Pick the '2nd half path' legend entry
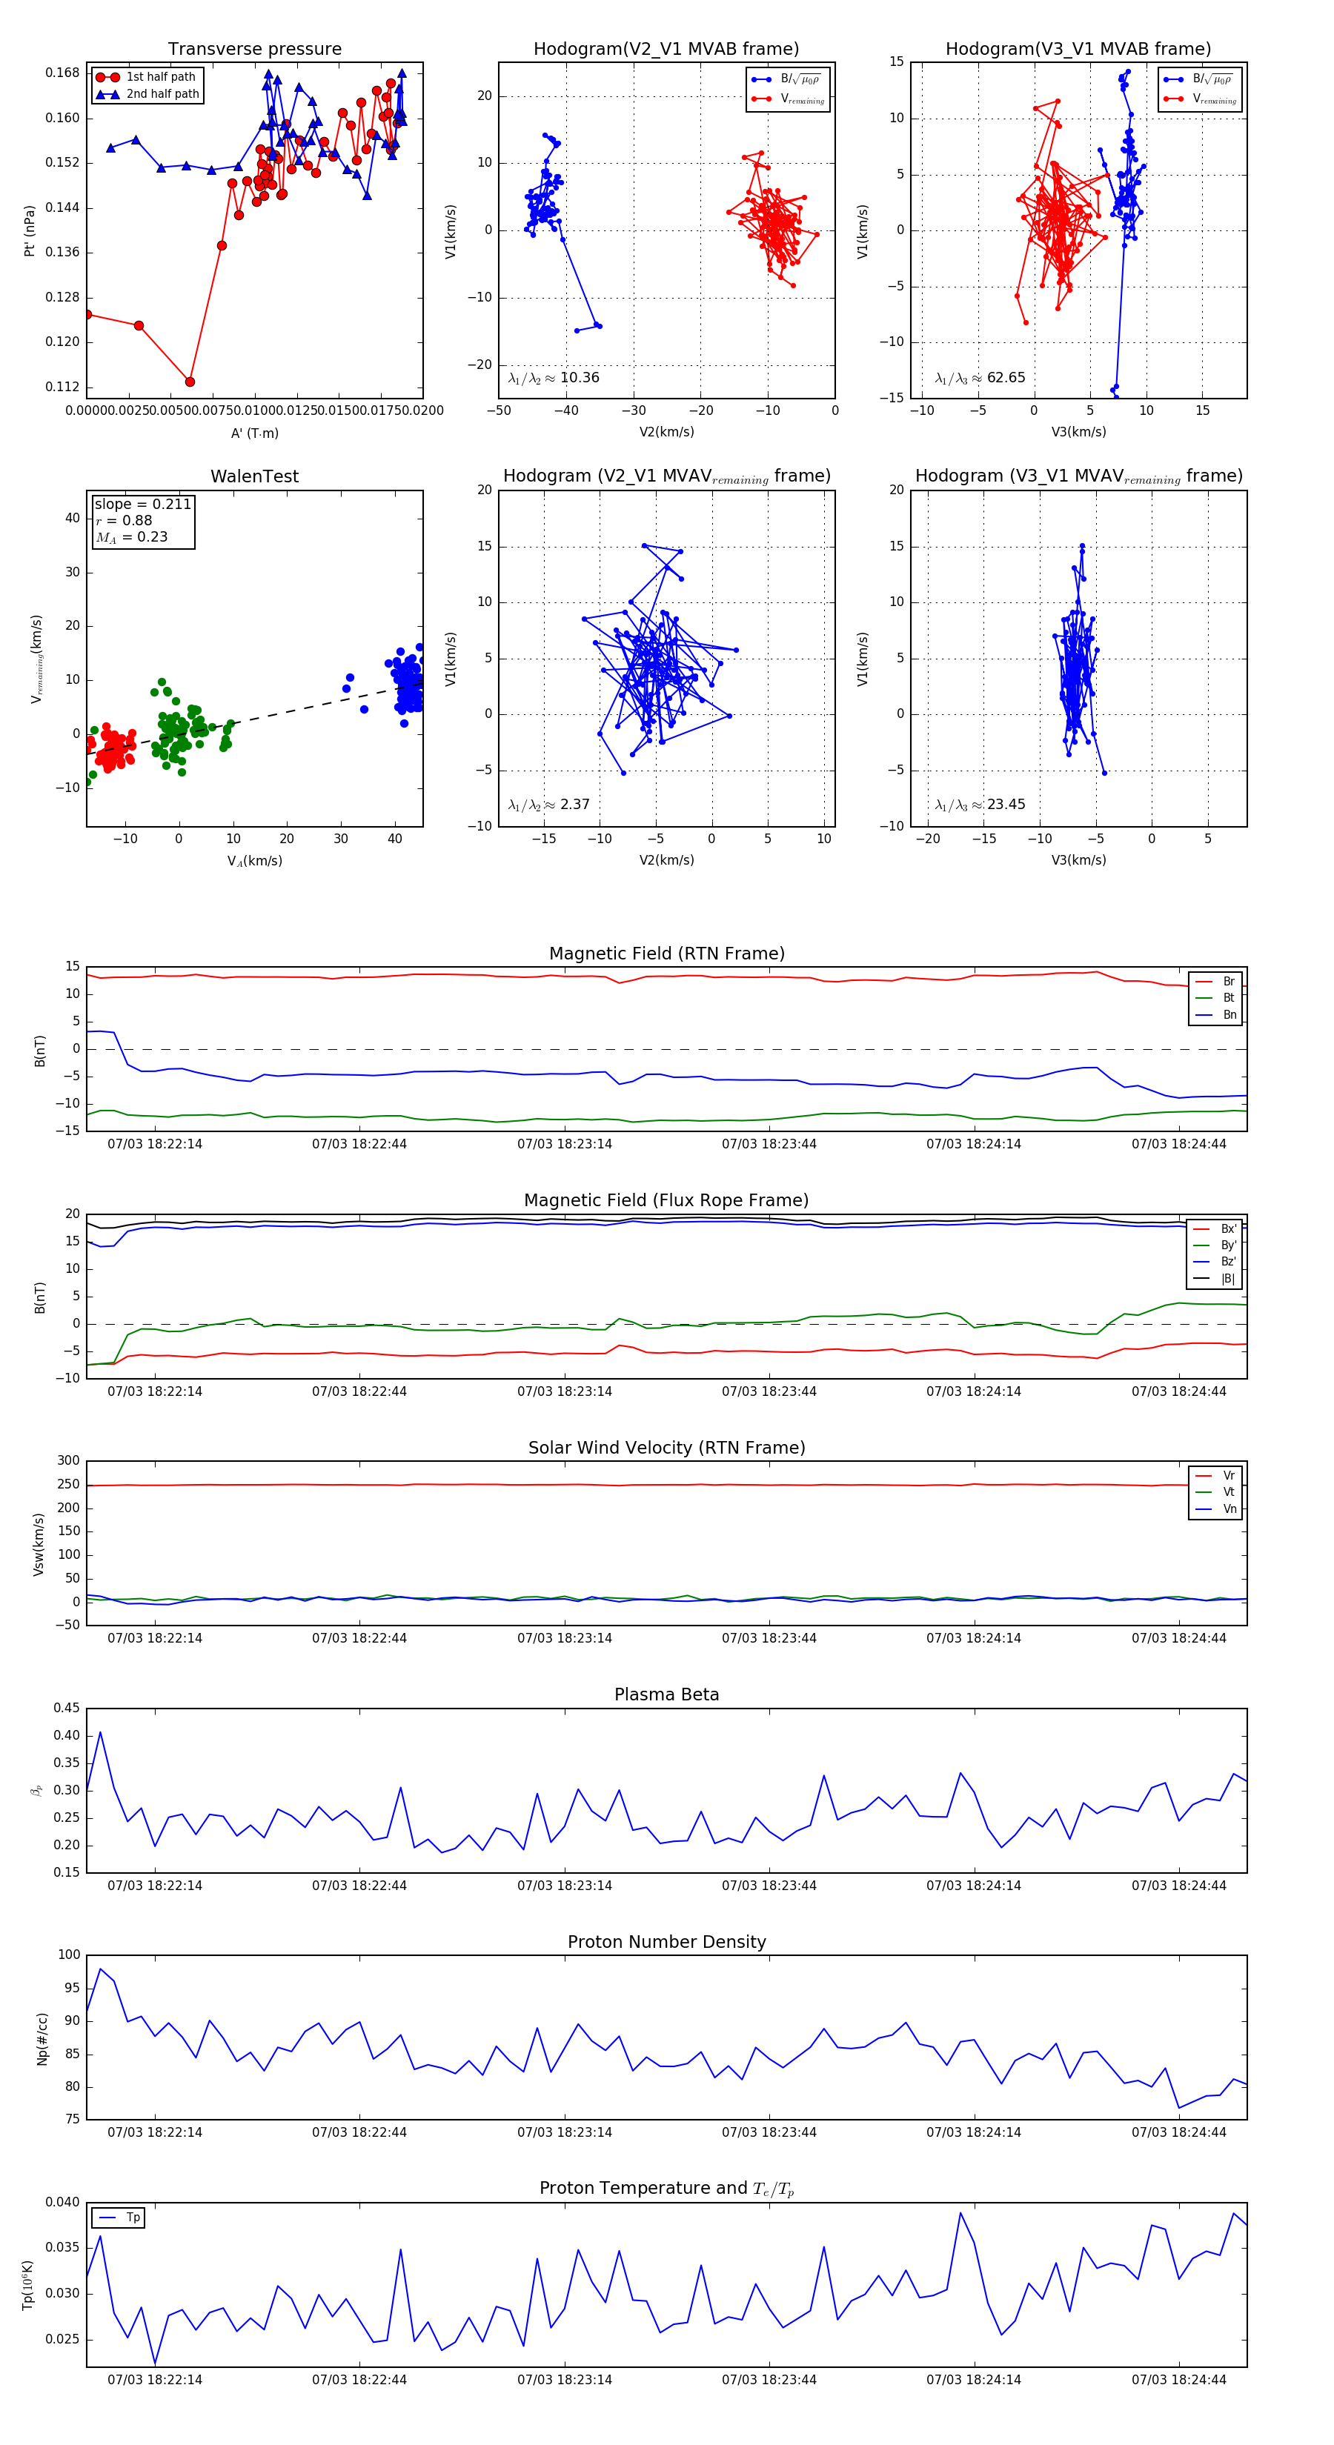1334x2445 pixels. pos(162,94)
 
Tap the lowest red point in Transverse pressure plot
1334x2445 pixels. pos(190,382)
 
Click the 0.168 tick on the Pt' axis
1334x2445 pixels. pos(63,73)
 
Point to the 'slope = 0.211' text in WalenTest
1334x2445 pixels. pos(142,504)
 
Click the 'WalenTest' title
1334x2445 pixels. pos(254,476)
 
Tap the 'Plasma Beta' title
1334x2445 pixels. pos(666,1694)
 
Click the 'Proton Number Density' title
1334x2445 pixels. pos(666,1942)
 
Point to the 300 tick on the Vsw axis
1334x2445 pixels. pos(68,1461)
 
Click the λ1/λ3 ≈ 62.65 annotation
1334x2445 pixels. pos(980,378)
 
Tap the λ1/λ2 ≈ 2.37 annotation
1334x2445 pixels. pos(548,805)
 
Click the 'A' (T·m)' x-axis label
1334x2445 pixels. pos(254,433)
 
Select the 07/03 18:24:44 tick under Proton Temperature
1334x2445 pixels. pos(1178,2380)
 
